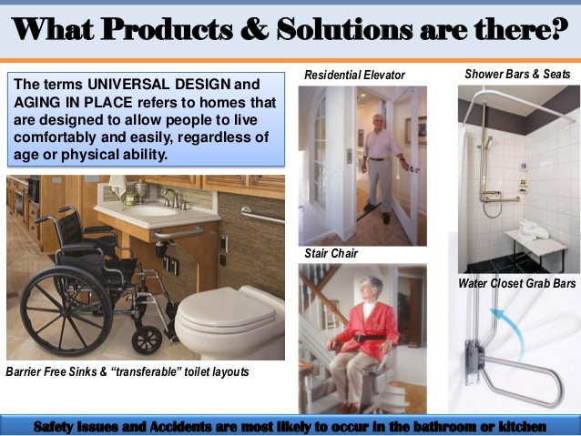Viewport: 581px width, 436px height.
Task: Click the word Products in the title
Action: [167, 29]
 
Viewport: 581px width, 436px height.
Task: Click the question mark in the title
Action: [559, 28]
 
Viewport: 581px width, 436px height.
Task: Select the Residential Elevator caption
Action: [354, 76]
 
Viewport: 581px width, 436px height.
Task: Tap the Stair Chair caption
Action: [331, 253]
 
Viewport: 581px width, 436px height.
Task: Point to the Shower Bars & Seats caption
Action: [517, 74]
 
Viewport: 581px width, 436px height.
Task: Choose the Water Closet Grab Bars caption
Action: [517, 283]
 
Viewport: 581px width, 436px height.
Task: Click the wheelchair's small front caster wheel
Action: [147, 340]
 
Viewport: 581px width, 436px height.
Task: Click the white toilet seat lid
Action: [227, 309]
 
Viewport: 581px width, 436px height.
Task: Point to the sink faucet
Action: [172, 198]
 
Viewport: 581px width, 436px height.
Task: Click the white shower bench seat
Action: [535, 241]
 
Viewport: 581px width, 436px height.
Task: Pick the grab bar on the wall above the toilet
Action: [262, 216]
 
